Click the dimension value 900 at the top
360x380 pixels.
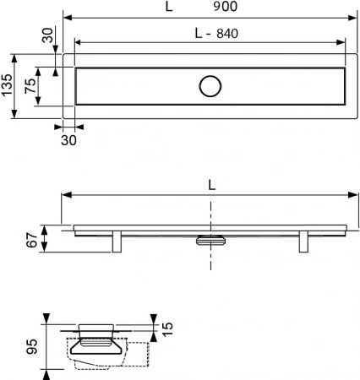tap(225, 6)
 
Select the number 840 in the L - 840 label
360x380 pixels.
tap(227, 34)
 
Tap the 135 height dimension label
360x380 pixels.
tap(7, 85)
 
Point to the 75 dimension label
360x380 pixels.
tap(30, 85)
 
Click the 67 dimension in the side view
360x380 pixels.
tap(32, 240)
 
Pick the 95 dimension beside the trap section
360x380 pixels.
tap(32, 346)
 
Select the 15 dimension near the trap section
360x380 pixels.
tap(167, 329)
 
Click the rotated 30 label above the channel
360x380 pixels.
tap(47, 35)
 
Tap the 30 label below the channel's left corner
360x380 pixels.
tap(68, 140)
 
